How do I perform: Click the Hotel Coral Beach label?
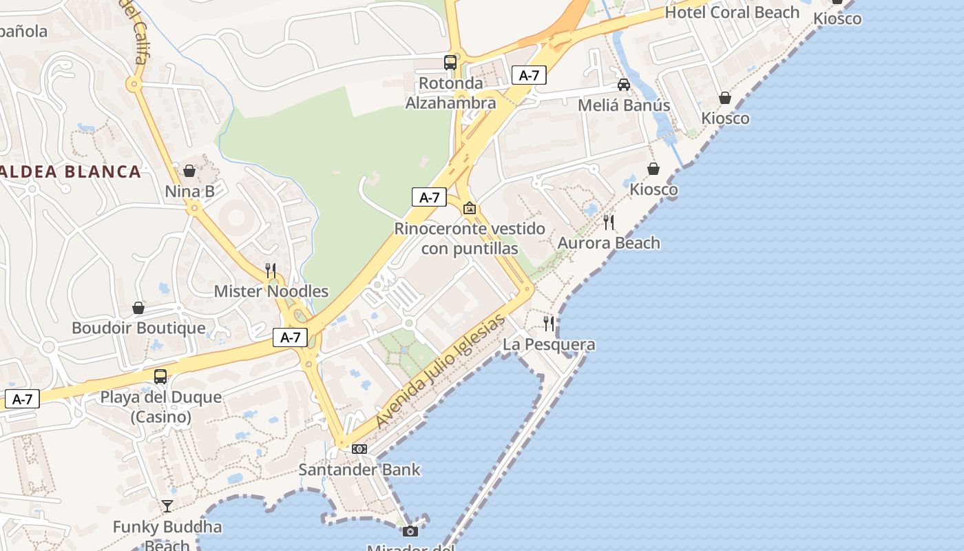[x=732, y=12]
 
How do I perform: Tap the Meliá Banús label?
[x=623, y=105]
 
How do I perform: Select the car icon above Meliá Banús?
[x=624, y=85]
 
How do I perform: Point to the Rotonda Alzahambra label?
[x=450, y=93]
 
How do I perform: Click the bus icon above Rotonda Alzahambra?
[x=450, y=63]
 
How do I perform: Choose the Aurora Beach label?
[x=609, y=243]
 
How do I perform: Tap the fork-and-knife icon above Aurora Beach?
[x=609, y=222]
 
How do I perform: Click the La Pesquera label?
[x=549, y=344]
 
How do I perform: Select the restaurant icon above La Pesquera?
[x=549, y=323]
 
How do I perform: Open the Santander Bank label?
[x=359, y=470]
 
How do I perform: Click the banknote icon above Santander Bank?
[x=359, y=449]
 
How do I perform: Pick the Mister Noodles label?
[x=271, y=291]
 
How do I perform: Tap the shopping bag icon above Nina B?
[x=189, y=171]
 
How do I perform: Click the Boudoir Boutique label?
[x=138, y=328]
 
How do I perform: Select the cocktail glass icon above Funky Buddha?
[x=167, y=506]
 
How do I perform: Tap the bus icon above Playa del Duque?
[x=160, y=377]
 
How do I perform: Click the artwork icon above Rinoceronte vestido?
[x=470, y=208]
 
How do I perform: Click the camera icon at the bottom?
[x=410, y=531]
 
